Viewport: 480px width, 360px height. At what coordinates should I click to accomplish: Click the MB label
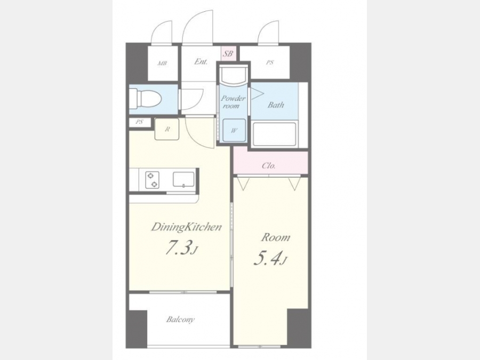click(162, 63)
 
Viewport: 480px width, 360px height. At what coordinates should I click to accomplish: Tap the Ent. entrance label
click(201, 61)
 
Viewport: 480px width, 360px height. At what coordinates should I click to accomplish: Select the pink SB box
click(227, 54)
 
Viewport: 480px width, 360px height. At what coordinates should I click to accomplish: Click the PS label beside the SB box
click(270, 63)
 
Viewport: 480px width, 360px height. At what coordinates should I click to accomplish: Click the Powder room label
click(233, 102)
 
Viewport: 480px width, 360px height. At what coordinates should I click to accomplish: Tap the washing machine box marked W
click(234, 131)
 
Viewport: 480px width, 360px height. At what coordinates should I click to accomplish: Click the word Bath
click(276, 105)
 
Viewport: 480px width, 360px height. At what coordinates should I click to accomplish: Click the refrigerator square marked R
click(167, 129)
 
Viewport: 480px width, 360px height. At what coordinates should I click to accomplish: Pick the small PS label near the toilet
click(140, 122)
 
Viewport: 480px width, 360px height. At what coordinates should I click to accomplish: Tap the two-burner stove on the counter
click(152, 180)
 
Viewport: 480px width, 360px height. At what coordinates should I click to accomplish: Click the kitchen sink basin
click(183, 179)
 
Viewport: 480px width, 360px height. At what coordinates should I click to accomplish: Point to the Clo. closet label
click(269, 166)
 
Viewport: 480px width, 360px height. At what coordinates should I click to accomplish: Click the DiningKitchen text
click(186, 227)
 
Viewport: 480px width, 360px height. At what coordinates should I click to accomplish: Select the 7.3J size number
click(180, 247)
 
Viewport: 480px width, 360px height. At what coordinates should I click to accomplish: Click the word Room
click(275, 237)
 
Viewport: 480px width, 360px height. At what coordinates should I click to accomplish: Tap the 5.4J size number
click(269, 258)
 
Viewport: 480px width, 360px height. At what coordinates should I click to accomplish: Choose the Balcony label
click(180, 320)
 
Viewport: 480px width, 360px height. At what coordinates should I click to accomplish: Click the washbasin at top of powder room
click(233, 75)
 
